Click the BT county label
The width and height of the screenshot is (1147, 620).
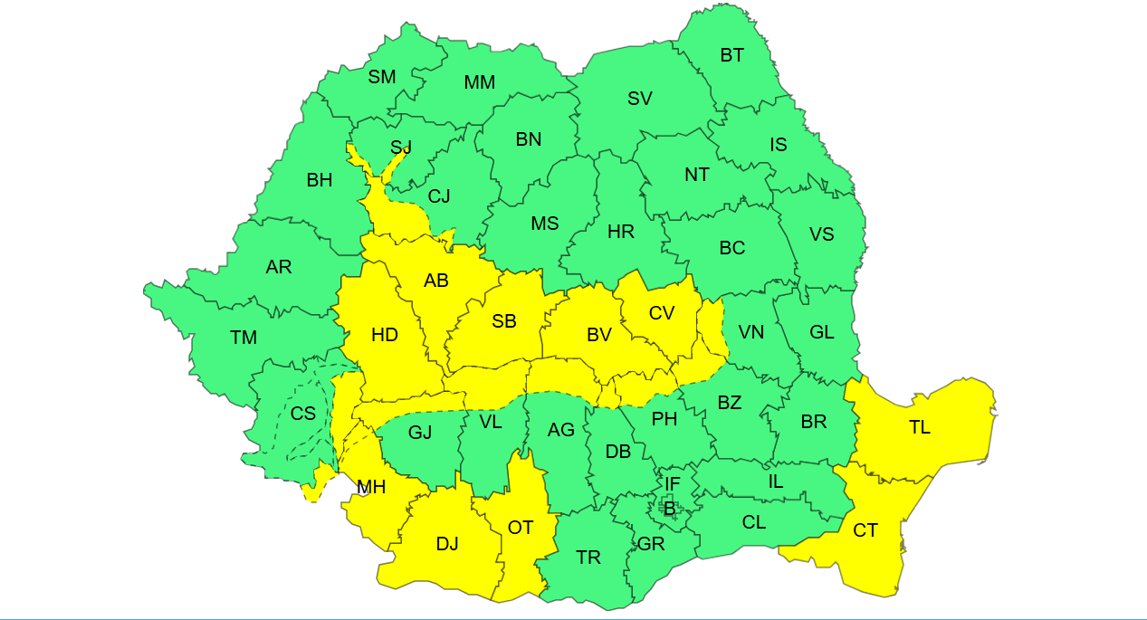tap(732, 55)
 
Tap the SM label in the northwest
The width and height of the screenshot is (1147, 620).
tap(382, 77)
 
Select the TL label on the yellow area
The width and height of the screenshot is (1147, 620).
tap(920, 427)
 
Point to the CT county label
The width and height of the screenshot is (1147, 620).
tap(865, 530)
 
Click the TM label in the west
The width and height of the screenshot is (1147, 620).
tap(244, 338)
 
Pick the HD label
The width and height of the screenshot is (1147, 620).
tap(385, 335)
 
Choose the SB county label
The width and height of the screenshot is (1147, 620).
tap(504, 321)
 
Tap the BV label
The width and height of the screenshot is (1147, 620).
tap(599, 335)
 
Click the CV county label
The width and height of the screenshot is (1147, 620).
tap(662, 312)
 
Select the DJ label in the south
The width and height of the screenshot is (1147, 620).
tap(447, 543)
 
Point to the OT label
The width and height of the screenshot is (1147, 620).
tap(521, 527)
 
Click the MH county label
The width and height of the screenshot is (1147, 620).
tap(371, 487)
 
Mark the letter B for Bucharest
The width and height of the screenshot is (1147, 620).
tap(670, 509)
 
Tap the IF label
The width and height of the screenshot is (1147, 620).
tap(672, 484)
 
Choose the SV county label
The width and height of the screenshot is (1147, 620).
tap(640, 99)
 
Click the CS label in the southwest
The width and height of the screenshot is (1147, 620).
tap(303, 413)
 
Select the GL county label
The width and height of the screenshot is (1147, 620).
tap(822, 332)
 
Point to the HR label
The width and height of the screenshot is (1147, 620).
tap(621, 232)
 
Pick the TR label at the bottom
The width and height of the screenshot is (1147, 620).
tap(588, 558)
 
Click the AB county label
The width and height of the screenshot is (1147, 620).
tap(436, 281)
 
